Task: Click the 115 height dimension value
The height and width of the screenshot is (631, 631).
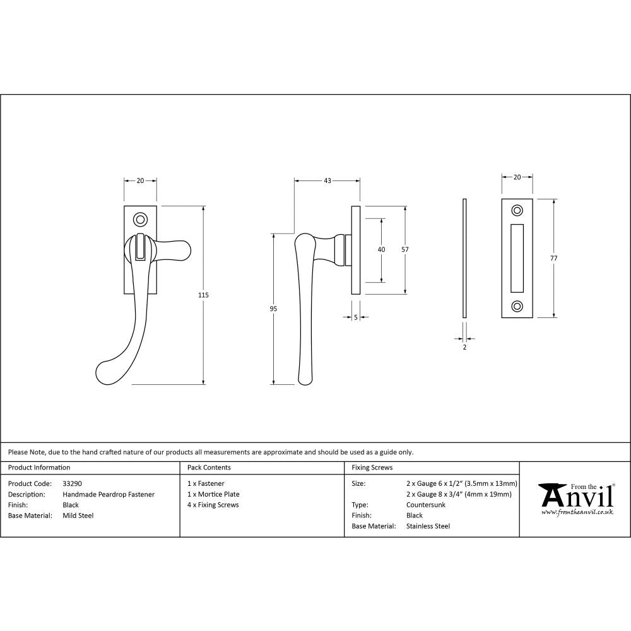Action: click(203, 295)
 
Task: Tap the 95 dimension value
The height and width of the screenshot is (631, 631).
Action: click(273, 309)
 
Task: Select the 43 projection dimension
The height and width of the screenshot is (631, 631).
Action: click(327, 181)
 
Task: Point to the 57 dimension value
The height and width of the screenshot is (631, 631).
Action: click(405, 249)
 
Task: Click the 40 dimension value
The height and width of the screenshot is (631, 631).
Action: click(381, 249)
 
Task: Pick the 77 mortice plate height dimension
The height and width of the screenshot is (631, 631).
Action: click(554, 258)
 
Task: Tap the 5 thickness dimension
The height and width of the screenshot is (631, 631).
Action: click(356, 317)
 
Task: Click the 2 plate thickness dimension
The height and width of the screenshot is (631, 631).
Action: click(464, 347)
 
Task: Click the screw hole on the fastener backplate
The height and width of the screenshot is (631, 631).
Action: click(140, 220)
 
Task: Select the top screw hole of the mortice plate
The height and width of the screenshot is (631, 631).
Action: click(517, 210)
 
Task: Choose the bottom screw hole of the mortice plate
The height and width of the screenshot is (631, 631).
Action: click(517, 306)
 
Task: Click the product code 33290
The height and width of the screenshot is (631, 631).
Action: click(72, 484)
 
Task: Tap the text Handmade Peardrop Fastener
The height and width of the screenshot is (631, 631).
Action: click(109, 495)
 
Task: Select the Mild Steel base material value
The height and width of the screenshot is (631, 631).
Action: click(78, 516)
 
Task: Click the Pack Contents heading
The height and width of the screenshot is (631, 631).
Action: click(209, 468)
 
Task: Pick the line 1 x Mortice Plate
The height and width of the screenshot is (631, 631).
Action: click(213, 494)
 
